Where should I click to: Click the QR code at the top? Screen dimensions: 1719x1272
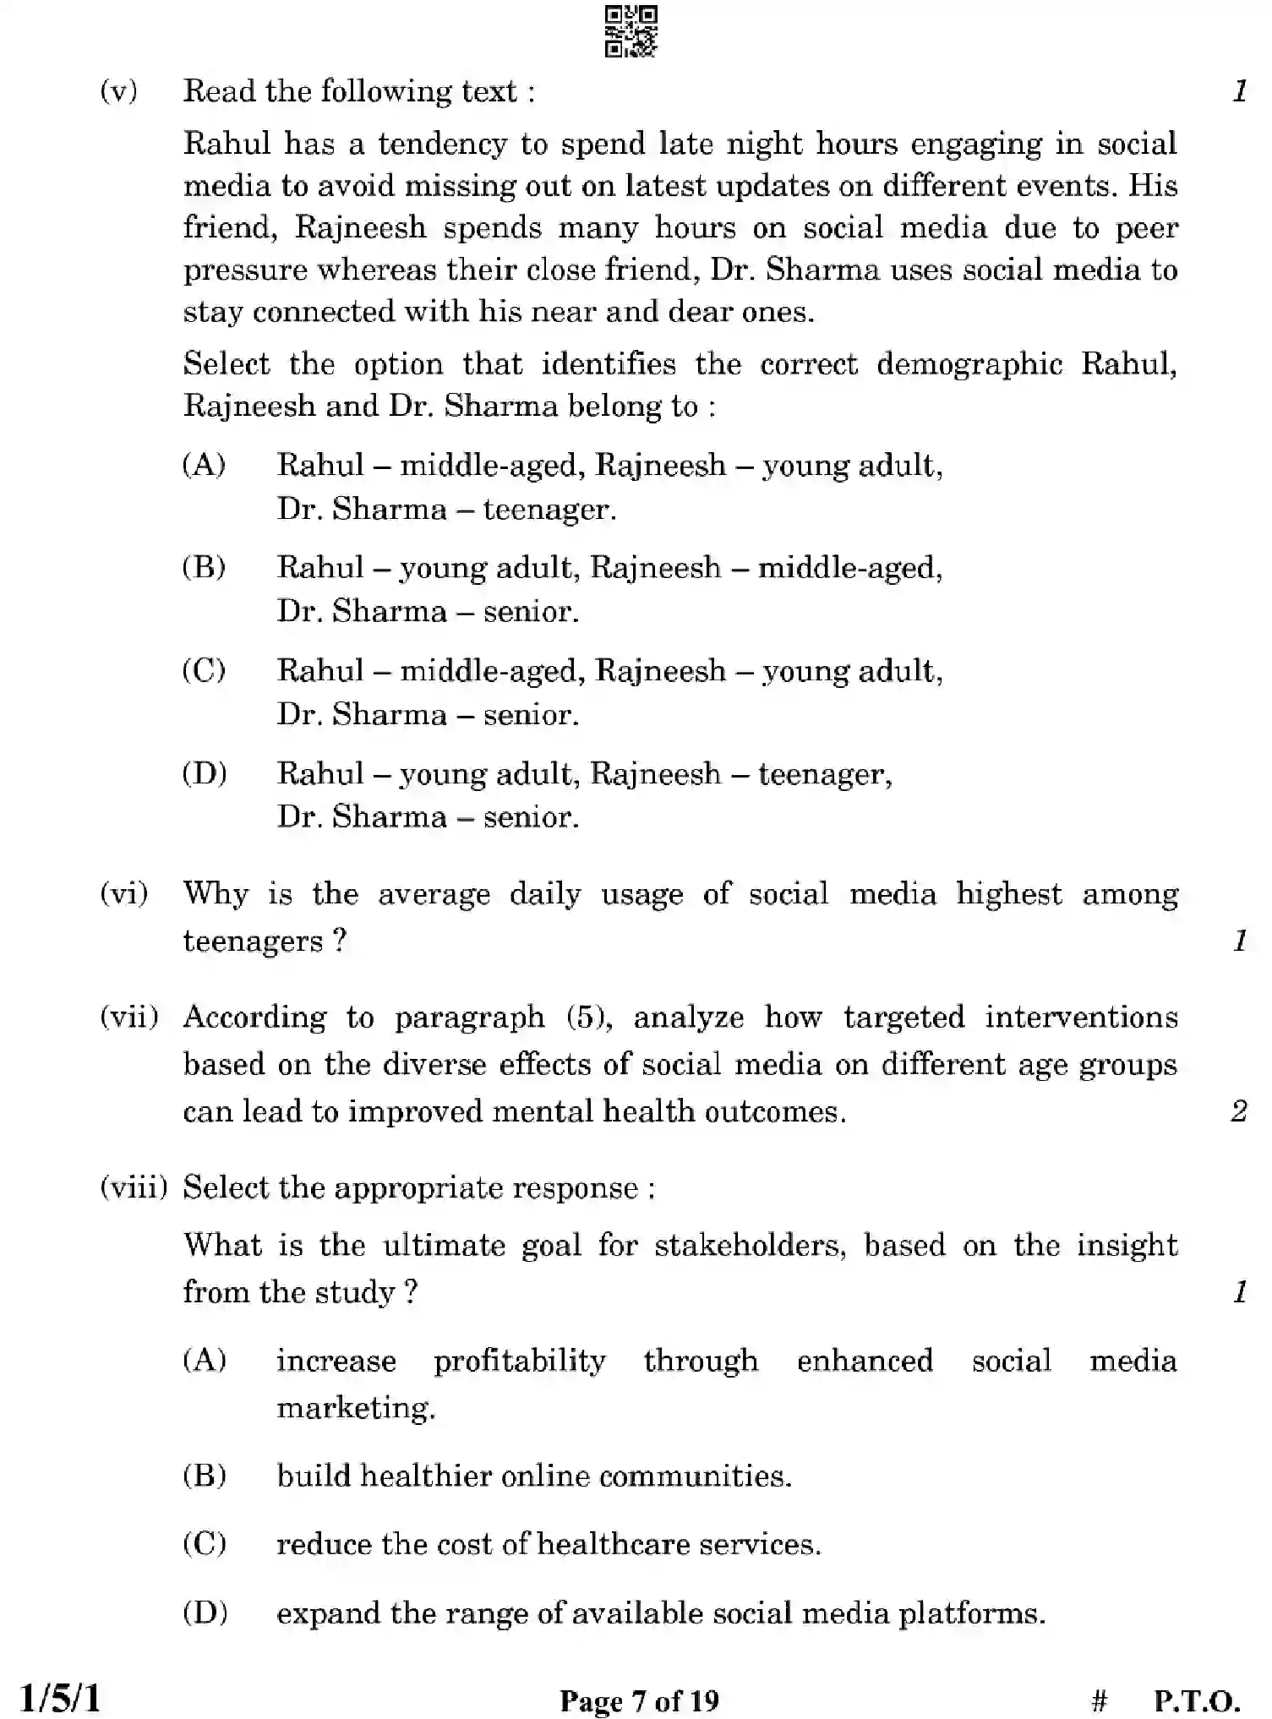tap(631, 31)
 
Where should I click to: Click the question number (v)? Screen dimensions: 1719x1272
tap(118, 90)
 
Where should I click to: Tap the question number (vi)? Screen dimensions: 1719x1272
tap(123, 893)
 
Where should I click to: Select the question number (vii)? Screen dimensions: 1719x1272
tap(128, 1017)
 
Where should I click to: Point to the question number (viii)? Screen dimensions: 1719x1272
tap(134, 1187)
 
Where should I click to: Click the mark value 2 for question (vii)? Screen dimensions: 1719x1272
tap(1238, 1111)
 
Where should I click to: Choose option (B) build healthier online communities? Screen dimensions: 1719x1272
tap(533, 1476)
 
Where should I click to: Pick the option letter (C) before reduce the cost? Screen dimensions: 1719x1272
tap(205, 1544)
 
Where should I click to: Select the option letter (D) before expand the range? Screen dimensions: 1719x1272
tap(205, 1613)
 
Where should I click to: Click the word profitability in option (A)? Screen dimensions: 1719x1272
tap(520, 1361)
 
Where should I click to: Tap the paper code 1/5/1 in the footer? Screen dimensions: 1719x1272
tap(60, 1698)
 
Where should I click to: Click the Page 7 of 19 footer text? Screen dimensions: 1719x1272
tap(639, 1700)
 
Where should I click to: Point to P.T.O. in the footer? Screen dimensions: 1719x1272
tap(1197, 1700)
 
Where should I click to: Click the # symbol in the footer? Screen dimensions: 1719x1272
tap(1100, 1700)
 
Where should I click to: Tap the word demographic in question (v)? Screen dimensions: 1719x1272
tap(969, 364)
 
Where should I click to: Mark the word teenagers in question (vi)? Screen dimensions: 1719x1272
tap(253, 941)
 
